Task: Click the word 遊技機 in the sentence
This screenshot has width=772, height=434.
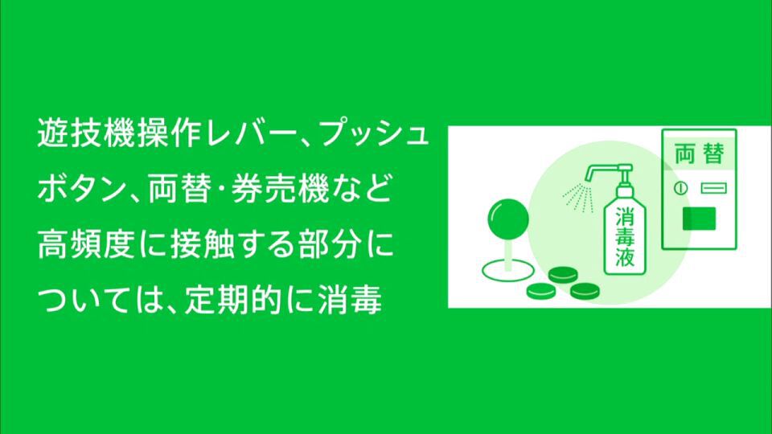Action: (87, 133)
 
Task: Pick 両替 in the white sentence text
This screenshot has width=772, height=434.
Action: (180, 189)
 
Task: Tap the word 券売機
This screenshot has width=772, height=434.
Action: (280, 189)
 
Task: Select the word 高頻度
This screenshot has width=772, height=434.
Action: (86, 244)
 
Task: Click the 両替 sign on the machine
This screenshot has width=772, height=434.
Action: (699, 154)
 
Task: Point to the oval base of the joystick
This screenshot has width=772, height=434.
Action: (507, 270)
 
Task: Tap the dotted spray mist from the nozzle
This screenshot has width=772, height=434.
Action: (578, 197)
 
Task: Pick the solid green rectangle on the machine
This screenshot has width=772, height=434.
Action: (699, 219)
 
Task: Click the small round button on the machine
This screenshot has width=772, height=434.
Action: (681, 188)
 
